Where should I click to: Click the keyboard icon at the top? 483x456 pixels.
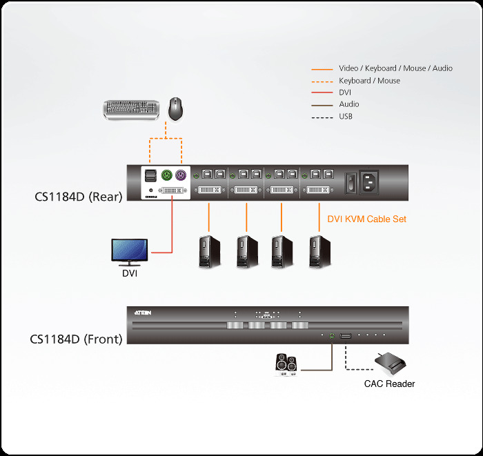click(x=133, y=109)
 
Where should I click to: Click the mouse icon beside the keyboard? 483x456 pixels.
click(x=176, y=108)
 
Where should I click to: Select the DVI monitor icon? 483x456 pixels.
click(x=129, y=251)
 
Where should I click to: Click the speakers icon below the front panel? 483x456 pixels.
click(x=286, y=363)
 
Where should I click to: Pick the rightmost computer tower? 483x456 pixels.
click(x=319, y=252)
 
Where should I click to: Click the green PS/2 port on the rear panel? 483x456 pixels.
click(x=167, y=175)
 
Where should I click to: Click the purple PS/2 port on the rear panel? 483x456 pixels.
click(x=181, y=175)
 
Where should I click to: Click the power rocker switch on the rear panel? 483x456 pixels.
click(x=351, y=183)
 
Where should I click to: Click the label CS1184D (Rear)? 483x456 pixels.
click(x=78, y=197)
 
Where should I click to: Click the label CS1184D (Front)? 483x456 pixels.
click(x=76, y=339)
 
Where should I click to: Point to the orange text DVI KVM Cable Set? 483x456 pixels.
click(x=366, y=219)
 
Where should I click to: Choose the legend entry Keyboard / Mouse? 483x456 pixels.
click(x=369, y=81)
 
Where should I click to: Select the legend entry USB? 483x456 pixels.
click(x=346, y=117)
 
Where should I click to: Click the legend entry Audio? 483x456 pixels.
click(x=348, y=104)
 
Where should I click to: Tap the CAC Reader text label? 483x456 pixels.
click(x=389, y=384)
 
